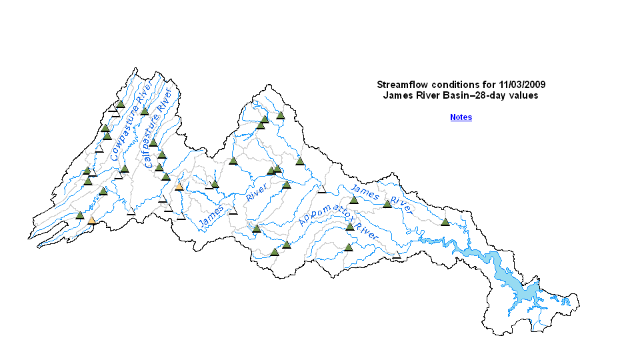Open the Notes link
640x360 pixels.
click(x=461, y=117)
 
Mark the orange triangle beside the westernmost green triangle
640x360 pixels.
click(x=91, y=220)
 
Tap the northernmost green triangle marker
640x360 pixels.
click(x=121, y=104)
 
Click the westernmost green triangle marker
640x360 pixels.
click(x=80, y=215)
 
